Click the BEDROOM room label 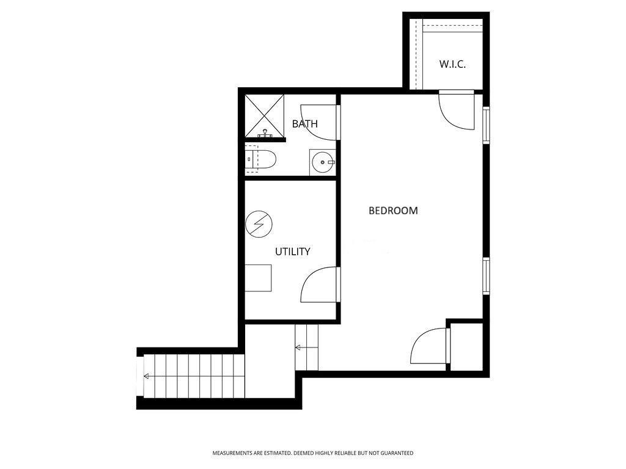pos(393,211)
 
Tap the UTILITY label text pos(293,252)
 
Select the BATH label pos(305,123)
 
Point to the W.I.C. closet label pos(452,64)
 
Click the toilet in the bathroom pos(260,160)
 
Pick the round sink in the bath pos(322,162)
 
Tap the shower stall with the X pos(263,115)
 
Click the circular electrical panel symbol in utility pos(259,224)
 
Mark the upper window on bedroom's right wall pos(486,125)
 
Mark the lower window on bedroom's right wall pos(486,276)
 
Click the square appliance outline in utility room pos(258,278)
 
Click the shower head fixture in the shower pos(265,134)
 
